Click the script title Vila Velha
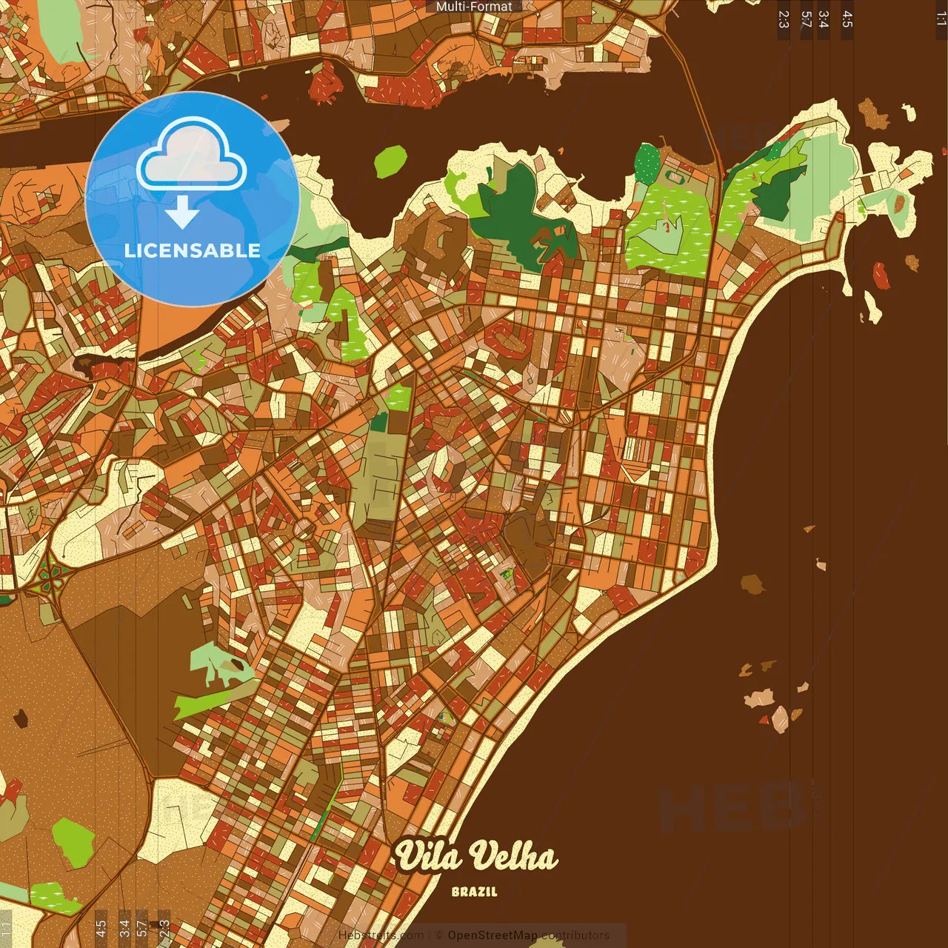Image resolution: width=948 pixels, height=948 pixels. pos(475,857)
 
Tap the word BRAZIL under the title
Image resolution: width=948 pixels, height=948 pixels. pos(475,892)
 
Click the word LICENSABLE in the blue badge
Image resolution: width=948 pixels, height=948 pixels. pos(193,250)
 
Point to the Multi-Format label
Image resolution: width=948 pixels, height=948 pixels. pos(474,7)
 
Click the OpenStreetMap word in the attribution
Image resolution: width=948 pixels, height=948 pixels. pos(493,935)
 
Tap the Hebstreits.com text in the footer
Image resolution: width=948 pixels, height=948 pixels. pos(381,935)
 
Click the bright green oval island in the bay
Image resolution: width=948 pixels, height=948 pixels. pos(390,161)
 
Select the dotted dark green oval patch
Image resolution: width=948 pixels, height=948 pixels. pos(647,163)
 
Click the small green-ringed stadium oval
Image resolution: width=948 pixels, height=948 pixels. pos(676,178)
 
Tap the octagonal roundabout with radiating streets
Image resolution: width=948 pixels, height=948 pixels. pos(304,530)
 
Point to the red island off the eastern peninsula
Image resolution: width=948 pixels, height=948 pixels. pos(881,276)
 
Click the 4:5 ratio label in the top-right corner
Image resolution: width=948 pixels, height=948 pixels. pos(847,20)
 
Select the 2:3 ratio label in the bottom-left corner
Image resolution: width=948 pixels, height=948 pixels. pos(164,928)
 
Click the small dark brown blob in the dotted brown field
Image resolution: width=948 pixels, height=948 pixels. pos(20,717)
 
